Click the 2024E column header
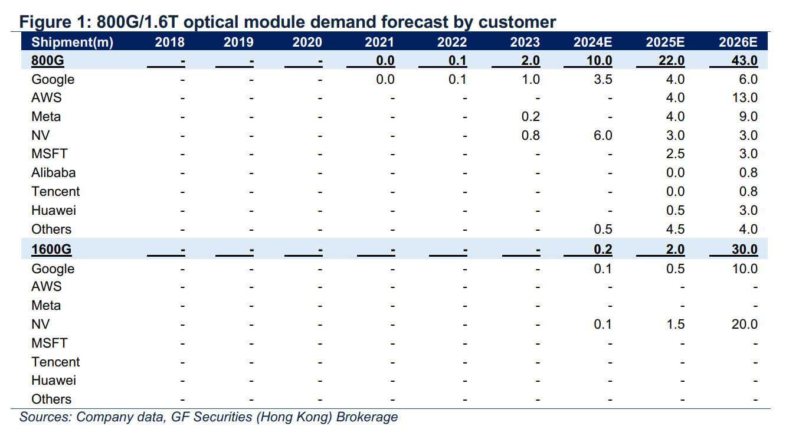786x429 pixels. point(592,42)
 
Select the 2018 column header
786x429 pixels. point(169,42)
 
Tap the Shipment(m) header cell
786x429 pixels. point(72,42)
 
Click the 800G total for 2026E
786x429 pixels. point(745,61)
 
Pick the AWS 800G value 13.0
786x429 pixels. point(745,97)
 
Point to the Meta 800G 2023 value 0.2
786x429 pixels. point(530,116)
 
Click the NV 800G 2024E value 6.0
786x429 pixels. point(603,135)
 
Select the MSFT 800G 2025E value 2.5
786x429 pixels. point(676,153)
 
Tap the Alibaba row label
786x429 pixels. point(53,172)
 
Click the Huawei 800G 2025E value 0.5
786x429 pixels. point(676,211)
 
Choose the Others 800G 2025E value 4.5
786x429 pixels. point(676,229)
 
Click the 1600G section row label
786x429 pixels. point(51,250)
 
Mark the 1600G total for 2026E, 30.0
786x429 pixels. point(745,250)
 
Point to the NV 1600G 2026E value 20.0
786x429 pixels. point(745,324)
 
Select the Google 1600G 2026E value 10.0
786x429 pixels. point(745,268)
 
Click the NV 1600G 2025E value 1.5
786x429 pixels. point(676,324)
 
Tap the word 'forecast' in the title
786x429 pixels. point(415,22)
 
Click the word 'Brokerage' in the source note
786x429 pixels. point(367,417)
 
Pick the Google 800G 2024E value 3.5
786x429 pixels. point(603,79)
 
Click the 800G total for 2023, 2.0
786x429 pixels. point(530,61)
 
